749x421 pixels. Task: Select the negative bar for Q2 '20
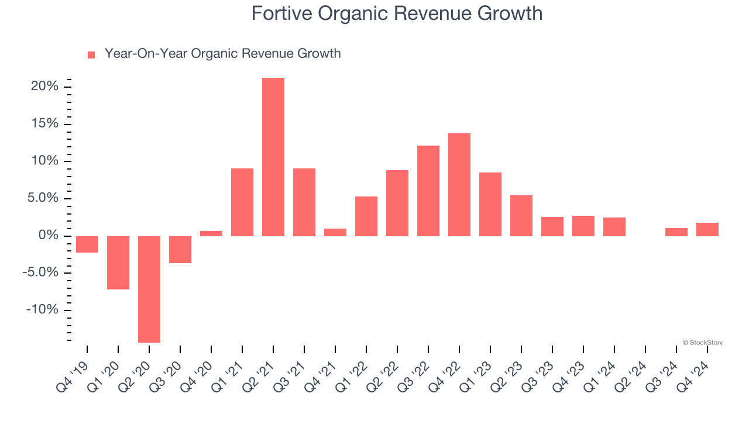pos(149,289)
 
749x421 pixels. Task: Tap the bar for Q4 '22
pos(459,185)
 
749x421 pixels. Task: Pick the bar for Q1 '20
pos(118,263)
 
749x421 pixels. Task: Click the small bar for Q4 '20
pos(211,233)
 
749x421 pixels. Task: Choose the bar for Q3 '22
pos(428,191)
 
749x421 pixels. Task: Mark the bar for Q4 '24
pos(707,229)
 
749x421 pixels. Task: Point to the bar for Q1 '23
pos(490,204)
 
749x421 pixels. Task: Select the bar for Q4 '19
pos(87,244)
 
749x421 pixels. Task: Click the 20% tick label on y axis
pos(44,87)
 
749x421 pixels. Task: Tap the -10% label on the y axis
pos(42,310)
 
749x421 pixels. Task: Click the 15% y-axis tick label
pos(44,124)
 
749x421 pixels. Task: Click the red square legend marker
pos(91,55)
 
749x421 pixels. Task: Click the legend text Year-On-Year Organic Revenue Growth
pos(222,54)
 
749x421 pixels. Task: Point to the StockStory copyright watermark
pos(702,343)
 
